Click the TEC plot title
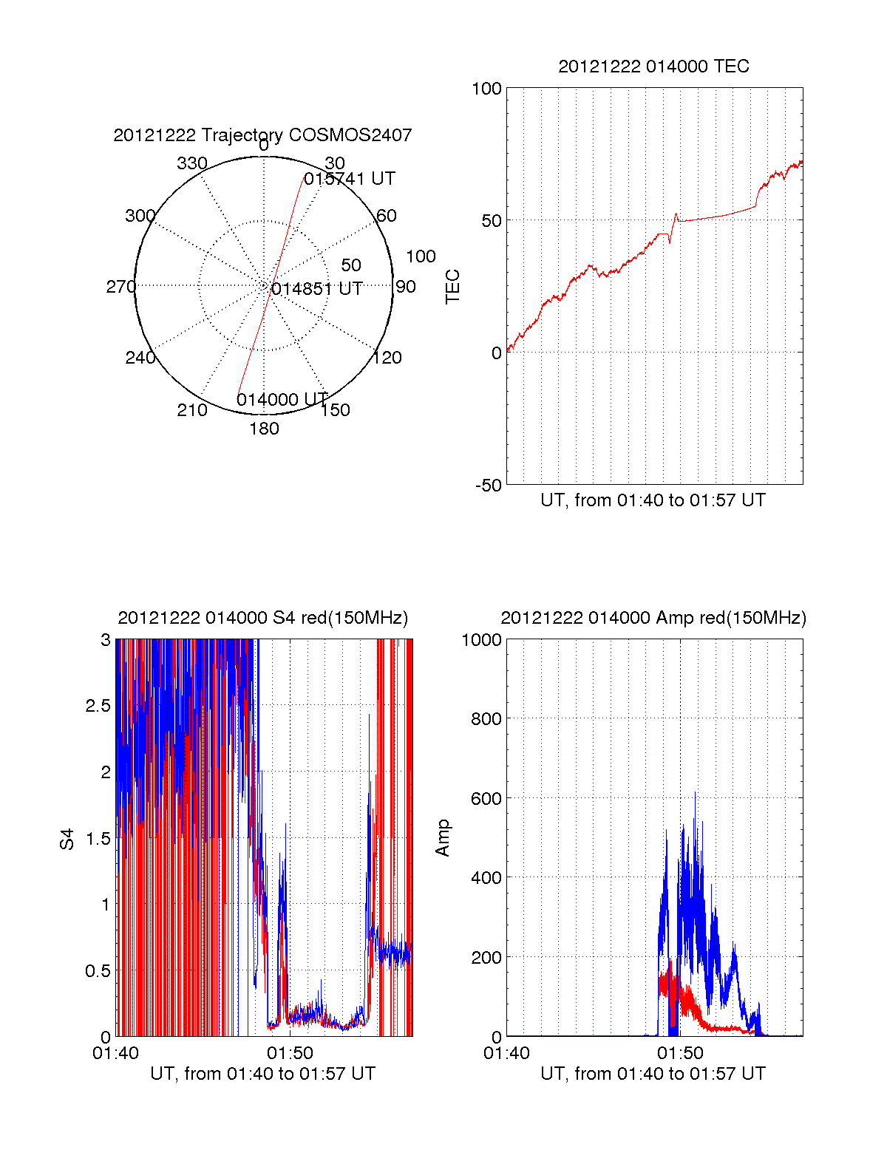coord(653,67)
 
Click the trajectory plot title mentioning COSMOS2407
coord(262,135)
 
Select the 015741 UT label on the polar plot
coord(350,179)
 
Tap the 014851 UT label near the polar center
coord(317,289)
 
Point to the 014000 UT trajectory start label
coord(282,400)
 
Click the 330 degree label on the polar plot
coord(192,163)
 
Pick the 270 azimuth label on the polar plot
coord(120,287)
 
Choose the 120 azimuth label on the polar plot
coord(387,358)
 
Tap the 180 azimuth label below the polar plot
coord(264,429)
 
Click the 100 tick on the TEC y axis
coord(486,89)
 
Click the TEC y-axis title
coord(453,287)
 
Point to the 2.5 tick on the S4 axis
coord(98,706)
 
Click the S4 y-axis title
coord(67,839)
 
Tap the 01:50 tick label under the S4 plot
coord(290,1053)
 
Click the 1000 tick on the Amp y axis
coord(481,640)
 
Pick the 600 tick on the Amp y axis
coord(486,798)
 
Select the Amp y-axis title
coord(443,838)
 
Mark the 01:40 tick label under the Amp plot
coord(506,1053)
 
